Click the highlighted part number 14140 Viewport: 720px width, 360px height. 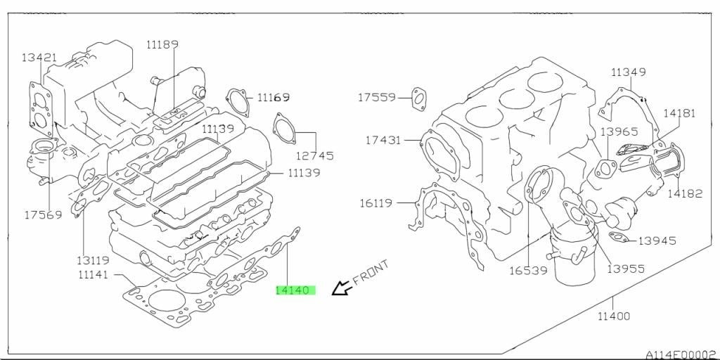[x=295, y=290]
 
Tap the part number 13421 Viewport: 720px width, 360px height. [x=39, y=58]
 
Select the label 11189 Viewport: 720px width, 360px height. [x=162, y=44]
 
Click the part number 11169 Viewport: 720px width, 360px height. [x=274, y=97]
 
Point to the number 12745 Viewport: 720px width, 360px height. [x=314, y=156]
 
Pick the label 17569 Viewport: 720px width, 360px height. [x=43, y=214]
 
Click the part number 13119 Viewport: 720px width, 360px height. [x=94, y=260]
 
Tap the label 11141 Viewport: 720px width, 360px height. [x=94, y=275]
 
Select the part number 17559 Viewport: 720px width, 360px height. [x=377, y=97]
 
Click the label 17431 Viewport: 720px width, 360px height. [x=383, y=140]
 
